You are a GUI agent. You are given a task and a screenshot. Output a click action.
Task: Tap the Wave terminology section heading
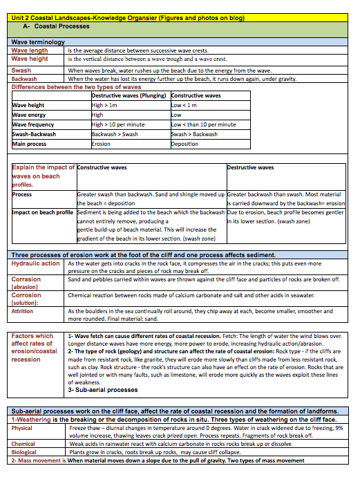(x=38, y=42)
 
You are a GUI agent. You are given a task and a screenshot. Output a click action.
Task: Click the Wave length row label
(x=30, y=50)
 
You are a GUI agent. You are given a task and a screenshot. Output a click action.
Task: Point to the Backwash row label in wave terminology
(x=24, y=79)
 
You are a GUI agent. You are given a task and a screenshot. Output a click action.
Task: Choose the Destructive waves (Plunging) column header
(x=130, y=95)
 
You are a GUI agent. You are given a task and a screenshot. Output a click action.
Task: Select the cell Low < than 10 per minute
(x=203, y=124)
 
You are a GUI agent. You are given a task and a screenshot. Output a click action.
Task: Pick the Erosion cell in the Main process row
(x=101, y=144)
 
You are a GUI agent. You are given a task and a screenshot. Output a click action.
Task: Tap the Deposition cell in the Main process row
(x=185, y=144)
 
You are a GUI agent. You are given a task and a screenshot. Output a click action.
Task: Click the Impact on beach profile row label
(x=43, y=212)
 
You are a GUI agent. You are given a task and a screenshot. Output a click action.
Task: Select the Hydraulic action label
(x=36, y=263)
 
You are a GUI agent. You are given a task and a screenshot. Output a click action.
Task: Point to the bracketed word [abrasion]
(x=24, y=286)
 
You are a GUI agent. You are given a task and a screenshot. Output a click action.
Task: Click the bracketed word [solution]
(x=24, y=302)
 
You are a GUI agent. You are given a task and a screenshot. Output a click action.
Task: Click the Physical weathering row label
(x=22, y=427)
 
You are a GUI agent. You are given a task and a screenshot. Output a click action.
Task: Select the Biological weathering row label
(x=24, y=451)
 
